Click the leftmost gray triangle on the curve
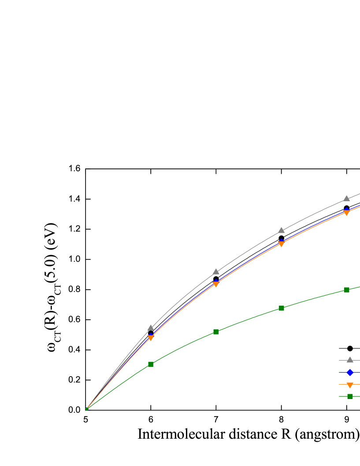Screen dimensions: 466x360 [x=151, y=328]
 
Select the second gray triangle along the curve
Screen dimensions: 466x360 [x=216, y=271]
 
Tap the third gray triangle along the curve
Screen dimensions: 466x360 [x=281, y=230]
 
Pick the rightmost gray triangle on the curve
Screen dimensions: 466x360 [x=346, y=198]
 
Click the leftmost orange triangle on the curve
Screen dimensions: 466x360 [x=151, y=338]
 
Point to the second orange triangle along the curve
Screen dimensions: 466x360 [x=216, y=285]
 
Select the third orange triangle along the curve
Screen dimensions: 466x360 [x=281, y=244]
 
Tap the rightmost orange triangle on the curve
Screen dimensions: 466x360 [x=346, y=213]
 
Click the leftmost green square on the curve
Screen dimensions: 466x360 [x=151, y=364]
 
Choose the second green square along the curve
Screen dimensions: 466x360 [x=216, y=332]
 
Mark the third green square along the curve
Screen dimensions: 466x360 [x=282, y=308]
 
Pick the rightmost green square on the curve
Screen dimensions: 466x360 [x=347, y=290]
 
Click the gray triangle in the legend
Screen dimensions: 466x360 [x=350, y=360]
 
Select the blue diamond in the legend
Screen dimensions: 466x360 [x=350, y=372]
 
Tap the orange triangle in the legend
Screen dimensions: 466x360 [x=350, y=385]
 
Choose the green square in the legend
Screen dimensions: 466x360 [x=350, y=396]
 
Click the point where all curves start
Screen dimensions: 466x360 [x=87, y=409]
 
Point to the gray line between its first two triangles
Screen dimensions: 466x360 [x=183, y=298]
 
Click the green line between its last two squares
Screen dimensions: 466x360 [x=314, y=298]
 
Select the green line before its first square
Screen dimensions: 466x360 [x=119, y=386]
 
